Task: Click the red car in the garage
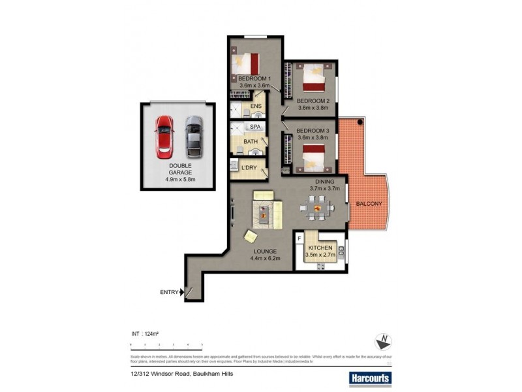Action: tap(164, 137)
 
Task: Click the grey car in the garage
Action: tap(194, 135)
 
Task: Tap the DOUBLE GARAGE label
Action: tap(180, 170)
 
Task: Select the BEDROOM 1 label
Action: tap(254, 79)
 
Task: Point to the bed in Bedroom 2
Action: tap(315, 78)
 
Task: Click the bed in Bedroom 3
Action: tap(314, 155)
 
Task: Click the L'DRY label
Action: tap(249, 168)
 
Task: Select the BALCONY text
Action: tap(369, 204)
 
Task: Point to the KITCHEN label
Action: tap(320, 248)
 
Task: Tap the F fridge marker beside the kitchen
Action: tap(299, 238)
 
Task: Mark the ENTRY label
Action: tap(169, 292)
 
